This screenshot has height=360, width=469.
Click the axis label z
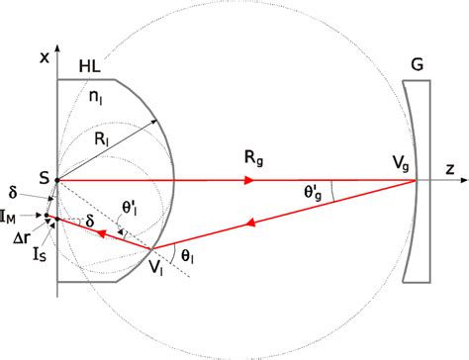[449, 169]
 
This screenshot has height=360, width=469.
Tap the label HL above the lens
[88, 66]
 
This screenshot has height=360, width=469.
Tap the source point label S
[44, 175]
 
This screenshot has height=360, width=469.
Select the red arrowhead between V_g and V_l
[242, 224]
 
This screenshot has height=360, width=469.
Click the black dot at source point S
[56, 181]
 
